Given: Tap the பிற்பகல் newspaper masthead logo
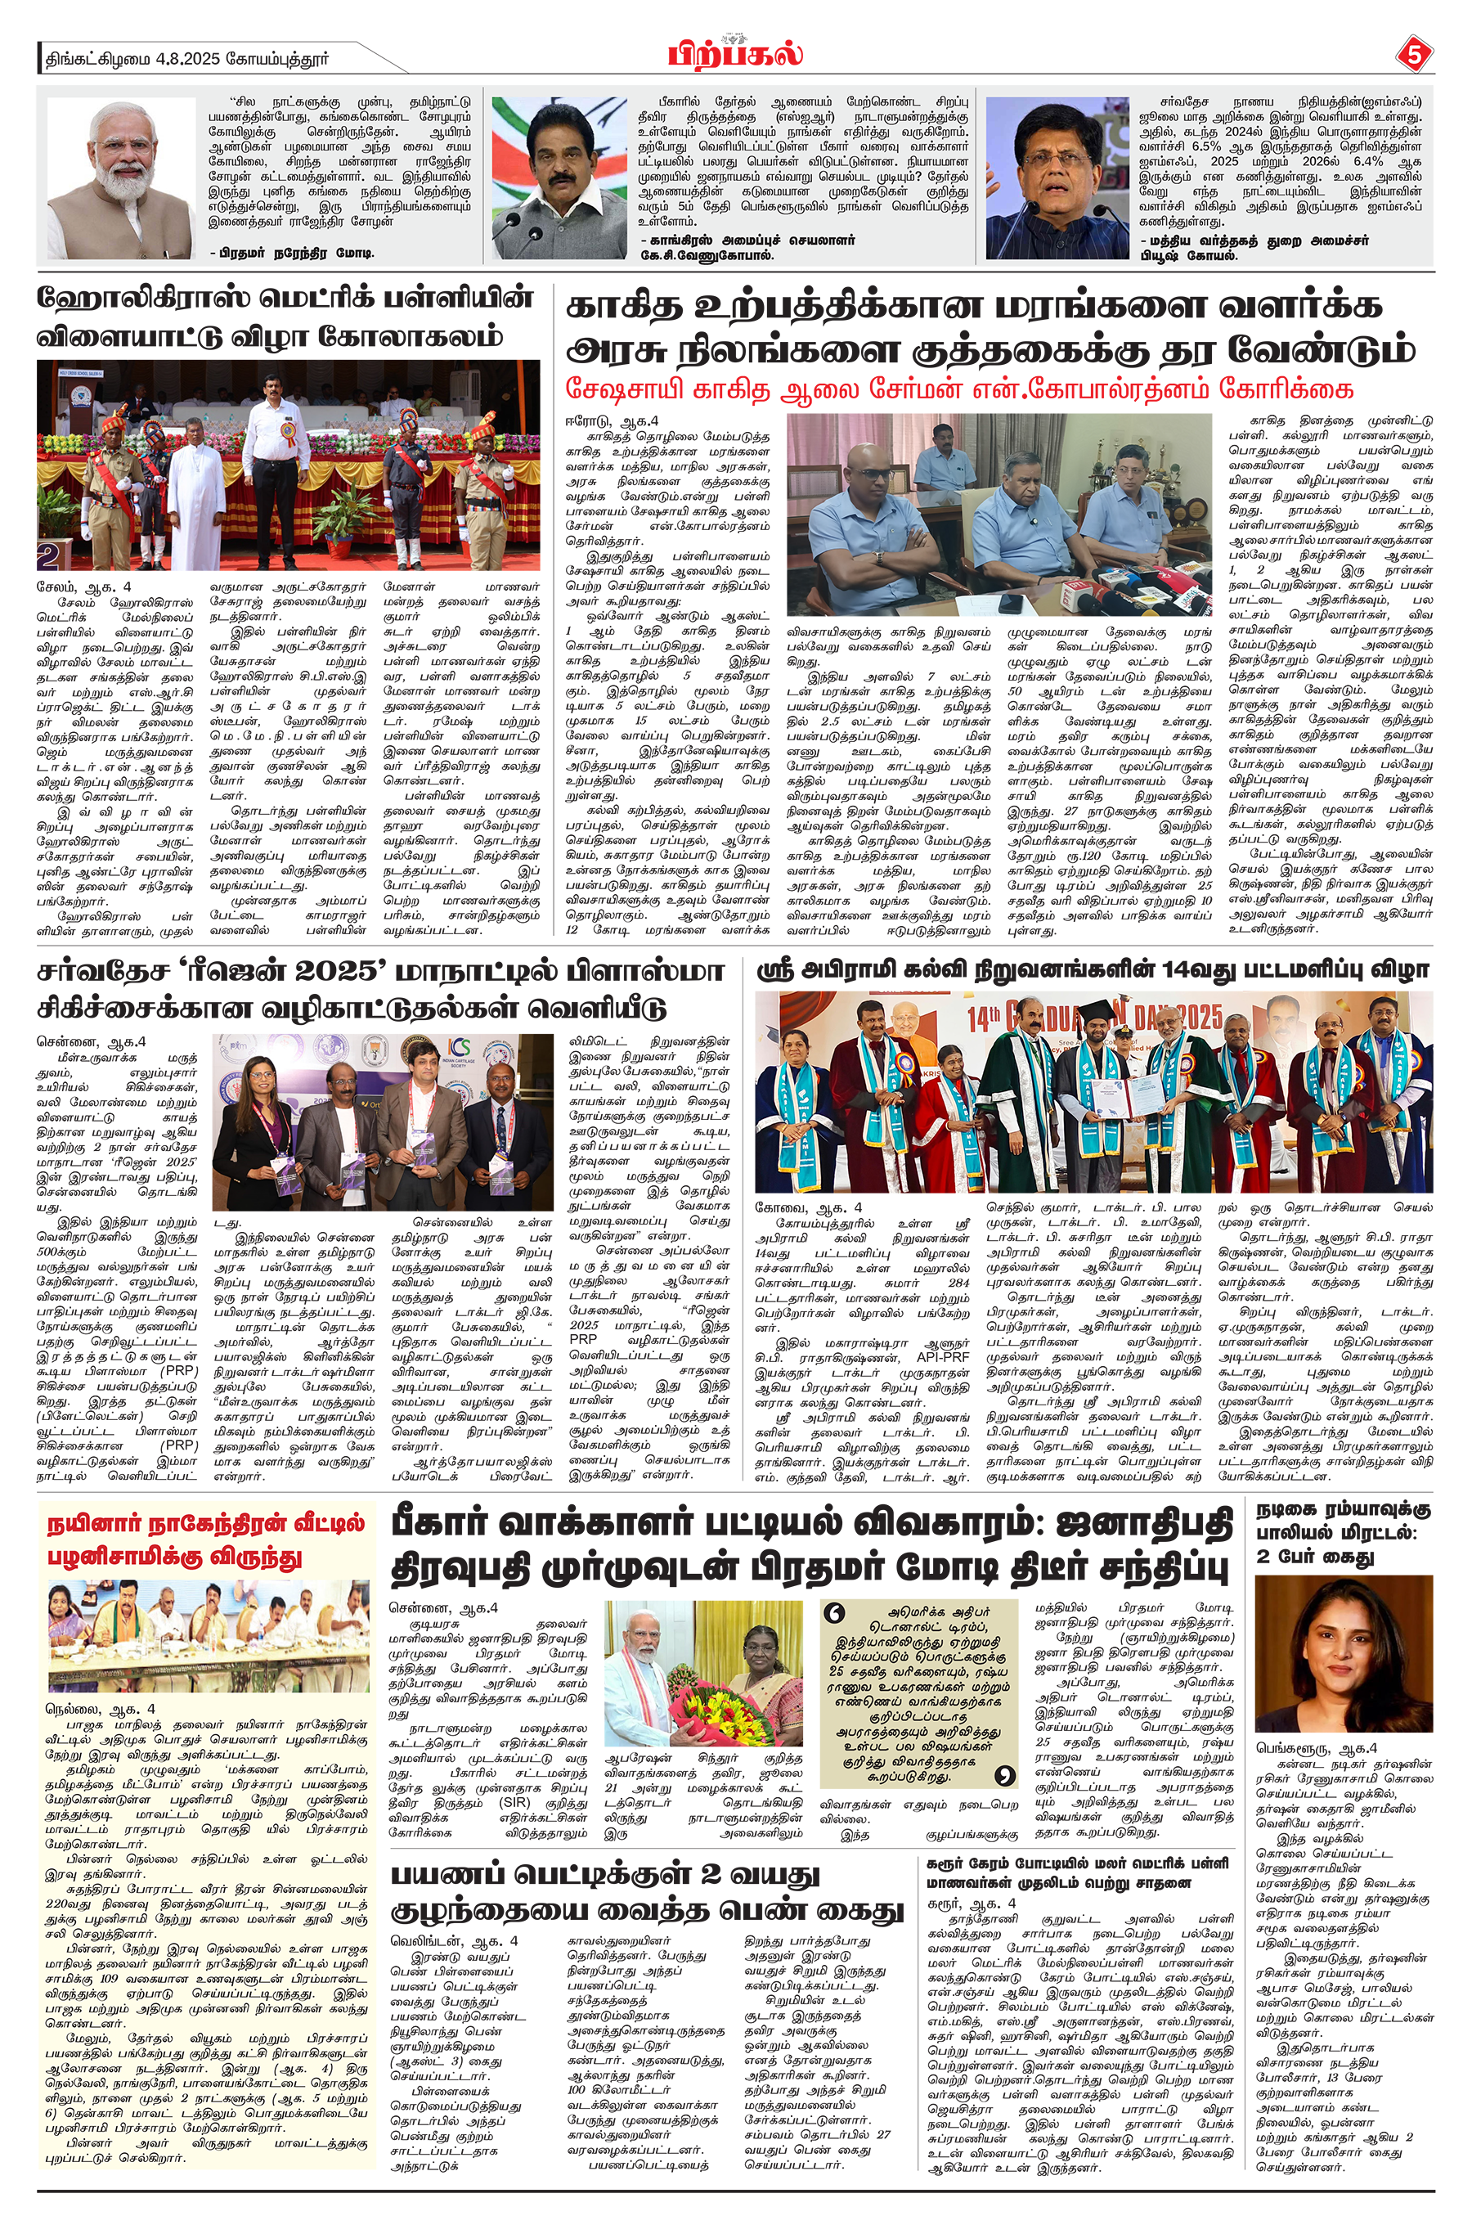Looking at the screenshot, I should (x=735, y=52).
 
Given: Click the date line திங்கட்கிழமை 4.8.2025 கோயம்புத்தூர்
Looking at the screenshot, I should (x=188, y=58).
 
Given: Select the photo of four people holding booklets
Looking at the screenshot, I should (x=382, y=1121).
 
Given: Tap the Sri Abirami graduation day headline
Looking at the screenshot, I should (x=1093, y=970).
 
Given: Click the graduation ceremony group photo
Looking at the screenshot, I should (x=1093, y=1092).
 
